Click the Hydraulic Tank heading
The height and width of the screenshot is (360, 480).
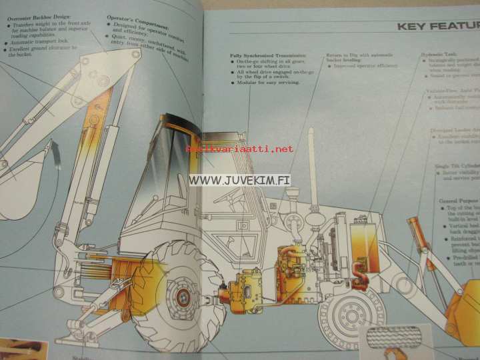(x=438, y=54)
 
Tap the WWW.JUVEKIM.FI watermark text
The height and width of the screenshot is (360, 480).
(x=241, y=179)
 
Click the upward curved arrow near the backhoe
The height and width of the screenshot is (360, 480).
(x=57, y=163)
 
